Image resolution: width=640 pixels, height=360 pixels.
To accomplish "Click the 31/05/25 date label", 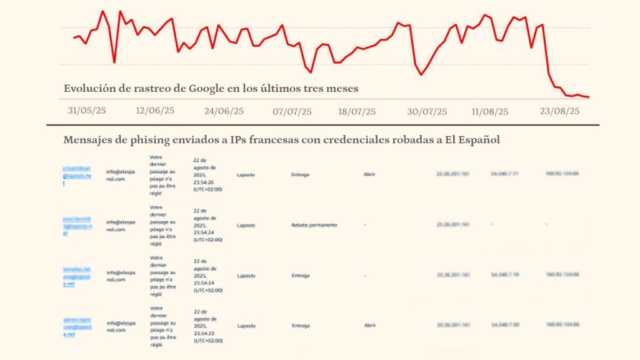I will click(x=87, y=111).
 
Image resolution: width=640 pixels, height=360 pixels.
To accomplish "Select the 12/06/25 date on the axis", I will click(x=155, y=111).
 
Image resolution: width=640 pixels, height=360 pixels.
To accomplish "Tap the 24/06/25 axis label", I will click(x=224, y=111).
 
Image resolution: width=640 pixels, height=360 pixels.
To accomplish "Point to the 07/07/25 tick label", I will click(x=292, y=112).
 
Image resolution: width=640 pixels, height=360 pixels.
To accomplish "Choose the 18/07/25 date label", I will click(x=357, y=112).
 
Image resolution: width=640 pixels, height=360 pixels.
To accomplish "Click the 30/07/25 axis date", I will click(x=427, y=112).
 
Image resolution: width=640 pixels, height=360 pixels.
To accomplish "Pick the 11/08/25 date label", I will click(x=491, y=112).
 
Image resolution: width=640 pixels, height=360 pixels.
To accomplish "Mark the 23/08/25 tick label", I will click(x=559, y=111).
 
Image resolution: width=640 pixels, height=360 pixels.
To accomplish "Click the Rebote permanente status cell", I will click(x=314, y=225).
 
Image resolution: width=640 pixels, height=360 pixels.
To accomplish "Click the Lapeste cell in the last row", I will click(x=246, y=325).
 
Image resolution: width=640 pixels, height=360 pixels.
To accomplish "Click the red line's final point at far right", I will click(x=588, y=97).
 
